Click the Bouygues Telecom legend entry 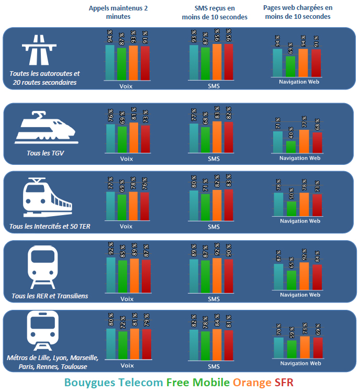pyautogui.click(x=114, y=383)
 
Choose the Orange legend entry pyautogui.click(x=253, y=383)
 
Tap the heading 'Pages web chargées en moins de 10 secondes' pyautogui.click(x=298, y=12)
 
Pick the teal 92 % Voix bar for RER pyautogui.click(x=110, y=275)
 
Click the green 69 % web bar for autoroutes pyautogui.click(x=290, y=66)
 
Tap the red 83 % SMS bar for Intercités pyautogui.click(x=229, y=205)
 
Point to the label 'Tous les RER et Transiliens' pyautogui.click(x=50, y=296)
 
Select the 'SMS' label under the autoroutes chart pyautogui.click(x=213, y=86)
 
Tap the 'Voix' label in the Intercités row pyautogui.click(x=126, y=227)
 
